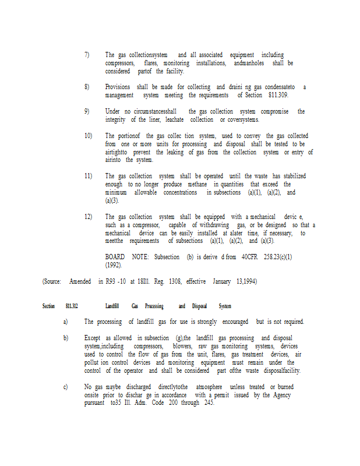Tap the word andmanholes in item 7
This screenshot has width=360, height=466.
pyautogui.click(x=249, y=63)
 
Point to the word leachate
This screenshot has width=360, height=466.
pyautogui.click(x=175, y=119)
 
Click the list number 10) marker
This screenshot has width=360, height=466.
pyautogui.click(x=88, y=136)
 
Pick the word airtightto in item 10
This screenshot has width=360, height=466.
pyautogui.click(x=118, y=152)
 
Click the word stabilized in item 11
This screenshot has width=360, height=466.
pyautogui.click(x=291, y=176)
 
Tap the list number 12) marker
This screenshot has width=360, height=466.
pyautogui.click(x=88, y=216)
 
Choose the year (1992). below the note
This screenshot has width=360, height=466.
pyautogui.click(x=114, y=264)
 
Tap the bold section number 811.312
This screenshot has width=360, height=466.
pyautogui.click(x=72, y=306)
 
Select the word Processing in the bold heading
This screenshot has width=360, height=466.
pyautogui.click(x=154, y=306)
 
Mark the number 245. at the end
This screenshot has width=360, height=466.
pyautogui.click(x=208, y=403)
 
